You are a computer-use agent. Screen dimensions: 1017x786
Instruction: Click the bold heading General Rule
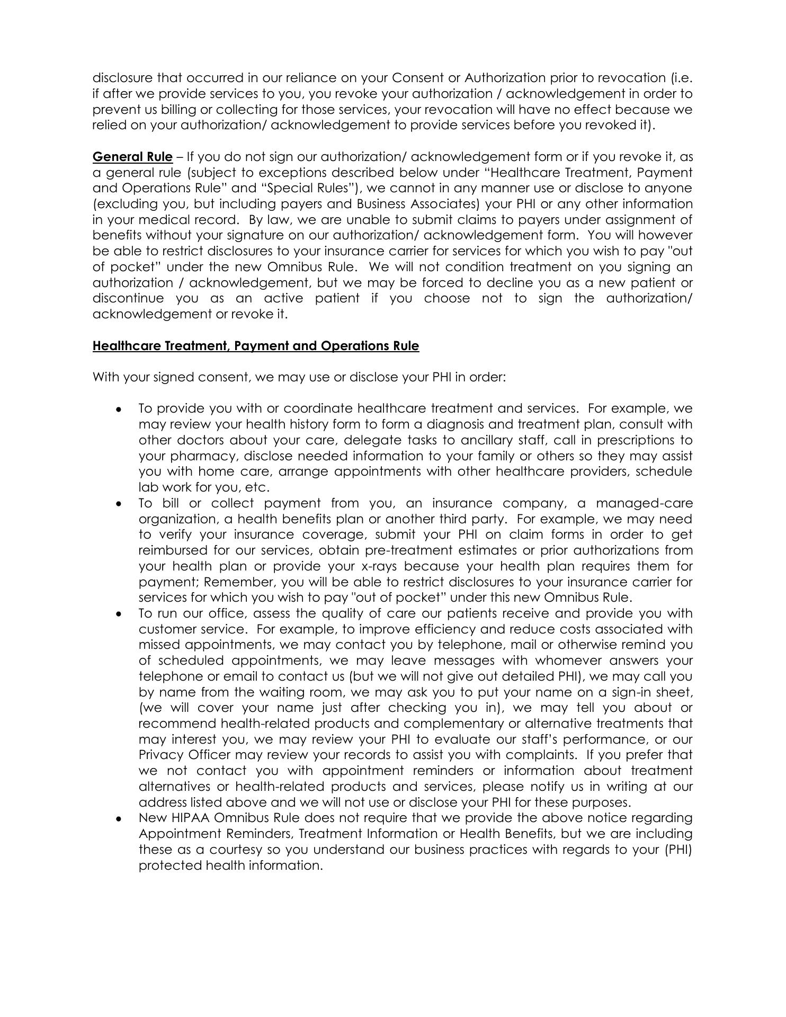132,157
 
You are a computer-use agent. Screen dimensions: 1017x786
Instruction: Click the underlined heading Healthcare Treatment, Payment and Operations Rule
256,346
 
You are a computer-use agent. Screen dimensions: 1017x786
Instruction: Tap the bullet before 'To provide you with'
120,409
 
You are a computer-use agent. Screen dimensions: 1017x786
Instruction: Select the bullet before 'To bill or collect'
120,504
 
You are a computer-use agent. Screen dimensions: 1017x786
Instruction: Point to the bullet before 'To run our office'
120,614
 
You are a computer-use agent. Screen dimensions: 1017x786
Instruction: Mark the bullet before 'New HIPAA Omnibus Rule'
120,818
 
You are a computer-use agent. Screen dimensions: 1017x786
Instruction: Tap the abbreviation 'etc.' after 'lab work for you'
258,487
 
